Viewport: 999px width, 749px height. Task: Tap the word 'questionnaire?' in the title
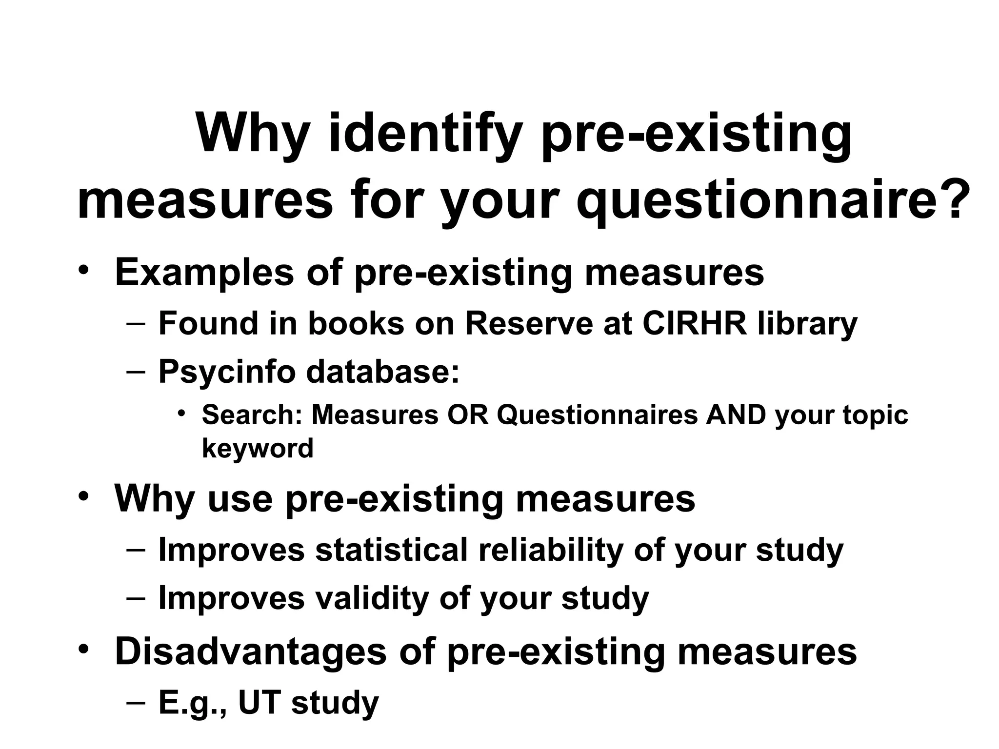(769, 201)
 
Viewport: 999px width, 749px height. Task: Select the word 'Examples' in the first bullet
(204, 272)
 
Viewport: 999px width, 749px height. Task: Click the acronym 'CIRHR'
(695, 323)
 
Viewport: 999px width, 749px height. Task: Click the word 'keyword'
(258, 448)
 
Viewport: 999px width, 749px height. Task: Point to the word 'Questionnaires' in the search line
(597, 415)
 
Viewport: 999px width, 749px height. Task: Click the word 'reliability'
(551, 550)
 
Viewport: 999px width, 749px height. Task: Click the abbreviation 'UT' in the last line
(260, 702)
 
